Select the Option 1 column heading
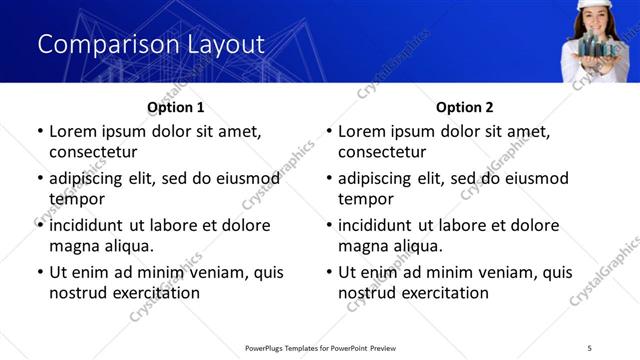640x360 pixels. pyautogui.click(x=176, y=107)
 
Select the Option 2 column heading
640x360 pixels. pyautogui.click(x=465, y=107)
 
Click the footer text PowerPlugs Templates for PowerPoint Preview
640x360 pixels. pyautogui.click(x=320, y=347)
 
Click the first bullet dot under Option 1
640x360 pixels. pyautogui.click(x=39, y=131)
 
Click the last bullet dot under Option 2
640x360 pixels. pyautogui.click(x=328, y=272)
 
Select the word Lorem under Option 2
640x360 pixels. pyautogui.click(x=362, y=131)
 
